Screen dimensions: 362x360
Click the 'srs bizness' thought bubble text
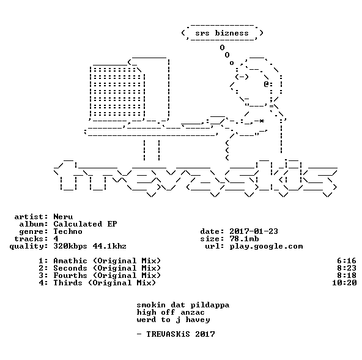click(222, 33)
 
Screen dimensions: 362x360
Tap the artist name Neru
click(63, 217)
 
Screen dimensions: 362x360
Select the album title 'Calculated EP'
click(85, 224)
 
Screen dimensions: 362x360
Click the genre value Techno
click(68, 231)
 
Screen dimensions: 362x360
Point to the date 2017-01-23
click(254, 231)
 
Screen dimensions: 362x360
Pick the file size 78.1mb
click(244, 239)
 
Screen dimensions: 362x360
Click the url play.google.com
click(266, 247)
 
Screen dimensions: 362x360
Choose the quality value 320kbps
click(70, 247)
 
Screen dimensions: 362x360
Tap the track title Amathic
click(70, 261)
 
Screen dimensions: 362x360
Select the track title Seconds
click(70, 268)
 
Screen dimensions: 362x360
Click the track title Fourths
click(70, 276)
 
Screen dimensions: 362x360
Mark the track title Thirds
click(68, 283)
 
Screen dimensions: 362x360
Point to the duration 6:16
click(347, 261)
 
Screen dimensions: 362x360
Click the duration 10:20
click(344, 283)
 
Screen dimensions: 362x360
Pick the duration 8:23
click(347, 268)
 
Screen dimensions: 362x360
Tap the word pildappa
click(210, 305)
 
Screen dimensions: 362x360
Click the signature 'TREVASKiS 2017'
click(180, 334)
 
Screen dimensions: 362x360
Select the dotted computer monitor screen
click(116, 92)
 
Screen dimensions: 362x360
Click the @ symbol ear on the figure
click(266, 84)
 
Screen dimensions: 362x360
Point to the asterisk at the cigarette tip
click(261, 121)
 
